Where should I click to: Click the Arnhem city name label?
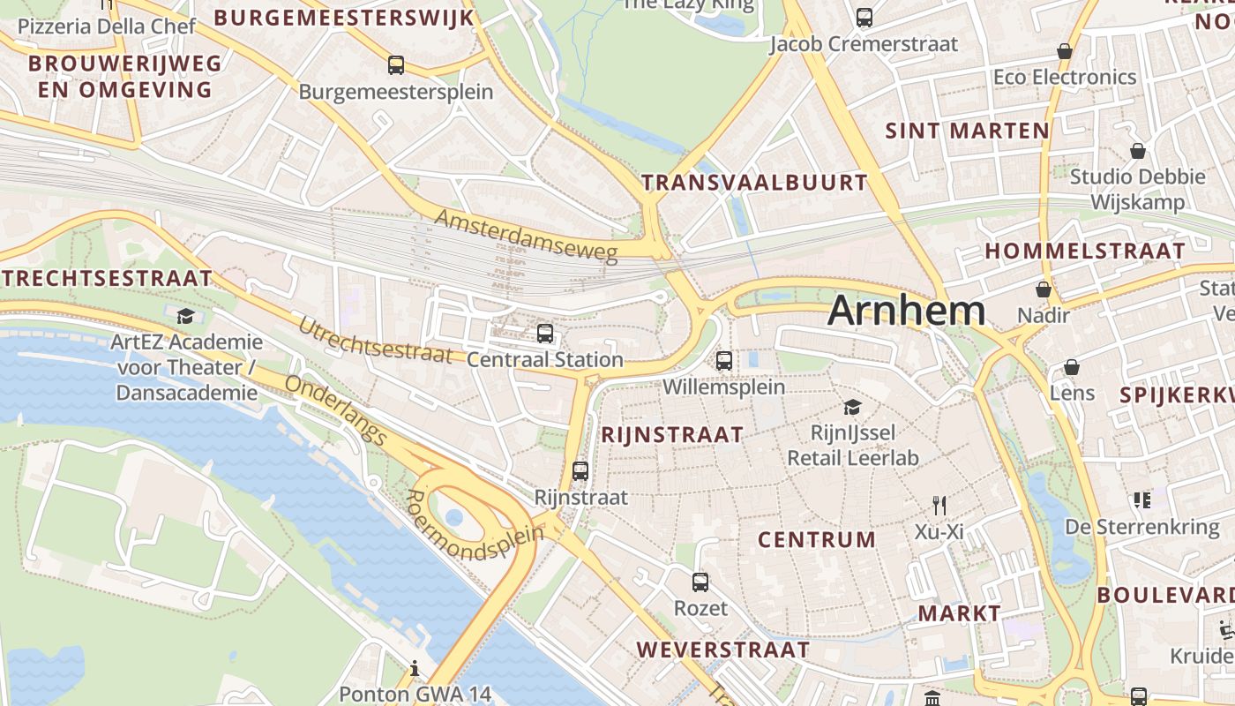tap(906, 311)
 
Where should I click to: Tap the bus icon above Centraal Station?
tap(545, 334)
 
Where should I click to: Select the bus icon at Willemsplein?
tap(724, 360)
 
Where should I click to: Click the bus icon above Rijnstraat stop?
tap(580, 471)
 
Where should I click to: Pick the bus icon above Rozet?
tap(700, 582)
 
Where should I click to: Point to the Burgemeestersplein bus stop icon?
tap(396, 65)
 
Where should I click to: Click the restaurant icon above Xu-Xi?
tap(939, 506)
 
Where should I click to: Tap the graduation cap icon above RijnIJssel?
tap(852, 407)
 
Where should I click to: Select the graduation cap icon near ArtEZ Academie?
tap(185, 316)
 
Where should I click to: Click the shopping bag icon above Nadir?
tap(1044, 289)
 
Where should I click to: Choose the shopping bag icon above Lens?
tap(1072, 367)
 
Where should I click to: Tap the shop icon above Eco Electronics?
tap(1065, 51)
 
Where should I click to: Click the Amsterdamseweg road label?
tap(526, 236)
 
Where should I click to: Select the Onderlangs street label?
tap(336, 409)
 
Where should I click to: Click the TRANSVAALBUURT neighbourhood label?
tap(754, 183)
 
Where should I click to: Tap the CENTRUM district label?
tap(817, 539)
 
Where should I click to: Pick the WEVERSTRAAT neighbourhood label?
tap(722, 650)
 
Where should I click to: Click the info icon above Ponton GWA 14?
tap(414, 669)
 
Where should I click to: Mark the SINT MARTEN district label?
tap(967, 131)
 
